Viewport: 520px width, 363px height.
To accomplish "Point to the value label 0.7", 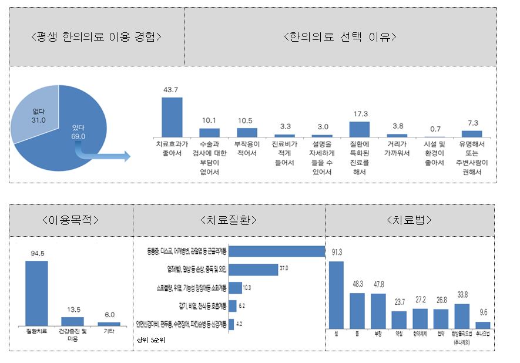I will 435,128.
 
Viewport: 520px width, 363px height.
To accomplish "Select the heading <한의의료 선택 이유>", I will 340,37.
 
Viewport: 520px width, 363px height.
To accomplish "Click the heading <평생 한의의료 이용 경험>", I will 96,37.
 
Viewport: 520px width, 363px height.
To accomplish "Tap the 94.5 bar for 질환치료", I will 36,293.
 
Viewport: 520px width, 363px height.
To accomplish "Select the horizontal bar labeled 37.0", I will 252,270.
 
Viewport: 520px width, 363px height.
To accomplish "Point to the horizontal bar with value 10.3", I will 235,288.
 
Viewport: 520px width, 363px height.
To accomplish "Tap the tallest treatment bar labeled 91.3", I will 336,294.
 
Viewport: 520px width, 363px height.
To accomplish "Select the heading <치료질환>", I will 229,220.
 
